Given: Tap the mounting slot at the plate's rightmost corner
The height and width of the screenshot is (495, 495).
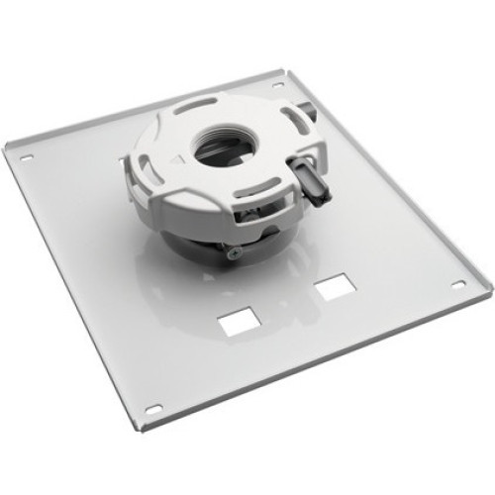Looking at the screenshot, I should click(x=457, y=284).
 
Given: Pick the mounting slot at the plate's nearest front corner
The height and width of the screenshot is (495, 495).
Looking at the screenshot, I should click(x=153, y=408).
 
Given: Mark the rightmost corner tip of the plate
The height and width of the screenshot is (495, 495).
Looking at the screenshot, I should click(x=489, y=288).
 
